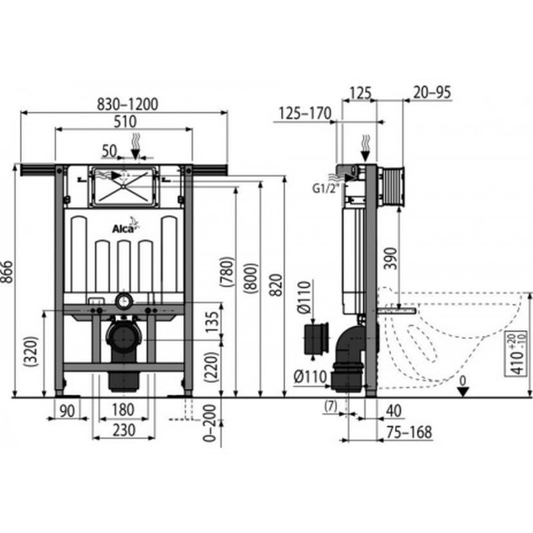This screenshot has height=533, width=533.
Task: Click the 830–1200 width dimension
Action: click(127, 105)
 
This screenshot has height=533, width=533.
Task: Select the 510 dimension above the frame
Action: click(125, 121)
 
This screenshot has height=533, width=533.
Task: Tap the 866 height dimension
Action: click(7, 272)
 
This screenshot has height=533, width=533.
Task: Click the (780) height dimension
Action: click(227, 272)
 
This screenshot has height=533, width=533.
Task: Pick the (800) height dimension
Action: click(251, 278)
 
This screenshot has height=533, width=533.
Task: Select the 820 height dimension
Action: click(277, 285)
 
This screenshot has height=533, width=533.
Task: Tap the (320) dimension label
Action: click(31, 351)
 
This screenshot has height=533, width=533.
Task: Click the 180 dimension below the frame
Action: click(123, 410)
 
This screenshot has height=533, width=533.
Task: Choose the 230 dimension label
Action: click(124, 430)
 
